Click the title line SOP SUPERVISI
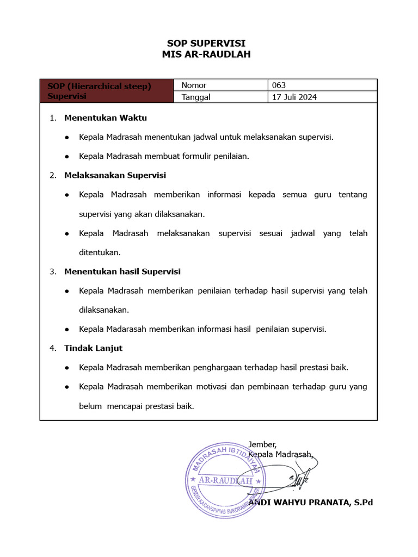coord(206,44)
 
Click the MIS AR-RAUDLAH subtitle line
coord(206,54)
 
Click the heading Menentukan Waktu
coord(106,117)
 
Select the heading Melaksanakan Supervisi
coord(115,175)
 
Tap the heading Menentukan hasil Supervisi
coord(122,271)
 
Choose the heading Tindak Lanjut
coord(93,348)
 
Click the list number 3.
coord(53,271)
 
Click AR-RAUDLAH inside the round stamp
coord(225,481)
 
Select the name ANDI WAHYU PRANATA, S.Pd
coord(310,502)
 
